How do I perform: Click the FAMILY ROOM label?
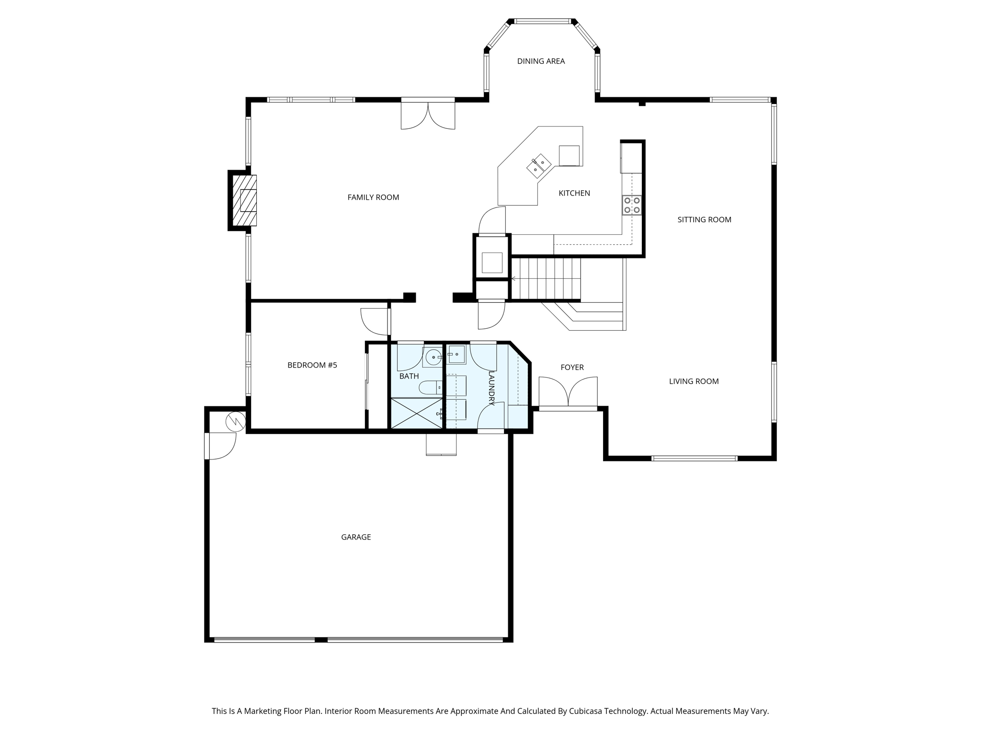pos(373,197)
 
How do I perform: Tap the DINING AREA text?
pos(541,61)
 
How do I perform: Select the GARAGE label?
pos(356,537)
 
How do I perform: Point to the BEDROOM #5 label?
pos(312,365)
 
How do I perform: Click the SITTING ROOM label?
pos(704,220)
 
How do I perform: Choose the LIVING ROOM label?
pos(694,381)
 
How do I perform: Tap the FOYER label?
pos(572,368)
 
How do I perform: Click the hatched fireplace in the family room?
pos(245,200)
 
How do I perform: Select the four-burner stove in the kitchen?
pos(632,205)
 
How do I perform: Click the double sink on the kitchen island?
pos(539,166)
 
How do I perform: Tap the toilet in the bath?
pos(430,387)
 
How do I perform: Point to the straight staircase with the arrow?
pos(546,278)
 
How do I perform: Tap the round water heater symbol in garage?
pos(236,422)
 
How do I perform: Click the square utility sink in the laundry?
pos(457,355)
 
